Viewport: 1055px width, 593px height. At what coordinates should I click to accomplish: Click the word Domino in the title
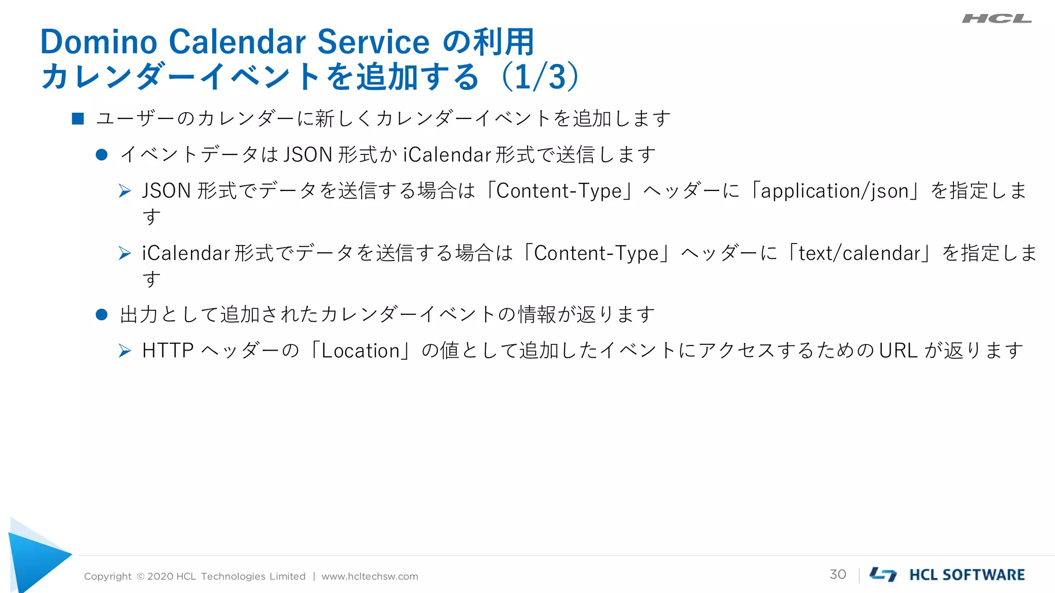[x=98, y=42]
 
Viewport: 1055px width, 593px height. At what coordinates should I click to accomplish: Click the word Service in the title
[x=373, y=42]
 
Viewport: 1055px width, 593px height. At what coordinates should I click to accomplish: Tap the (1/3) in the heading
[x=540, y=77]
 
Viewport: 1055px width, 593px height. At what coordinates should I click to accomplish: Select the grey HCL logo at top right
[x=996, y=19]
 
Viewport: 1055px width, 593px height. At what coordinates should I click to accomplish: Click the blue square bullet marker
[x=78, y=119]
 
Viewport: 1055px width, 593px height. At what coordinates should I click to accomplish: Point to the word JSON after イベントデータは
[x=308, y=155]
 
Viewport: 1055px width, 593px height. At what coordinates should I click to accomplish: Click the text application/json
[x=835, y=191]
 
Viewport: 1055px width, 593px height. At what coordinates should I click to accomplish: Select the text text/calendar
[x=859, y=253]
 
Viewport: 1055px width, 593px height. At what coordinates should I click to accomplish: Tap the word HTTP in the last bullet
[x=167, y=351]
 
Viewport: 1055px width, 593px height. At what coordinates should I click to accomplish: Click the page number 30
[x=838, y=574]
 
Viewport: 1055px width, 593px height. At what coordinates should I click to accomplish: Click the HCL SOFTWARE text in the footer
[x=967, y=575]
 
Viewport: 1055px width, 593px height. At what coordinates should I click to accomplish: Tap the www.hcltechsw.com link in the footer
[x=370, y=577]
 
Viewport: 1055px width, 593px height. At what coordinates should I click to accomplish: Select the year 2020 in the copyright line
[x=160, y=577]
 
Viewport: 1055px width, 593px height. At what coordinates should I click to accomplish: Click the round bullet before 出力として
[x=101, y=315]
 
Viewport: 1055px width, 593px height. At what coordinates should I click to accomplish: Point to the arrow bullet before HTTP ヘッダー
[x=125, y=351]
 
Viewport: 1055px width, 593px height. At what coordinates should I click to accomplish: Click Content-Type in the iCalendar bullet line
[x=597, y=253]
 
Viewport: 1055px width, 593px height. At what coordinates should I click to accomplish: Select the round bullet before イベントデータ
[x=101, y=155]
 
